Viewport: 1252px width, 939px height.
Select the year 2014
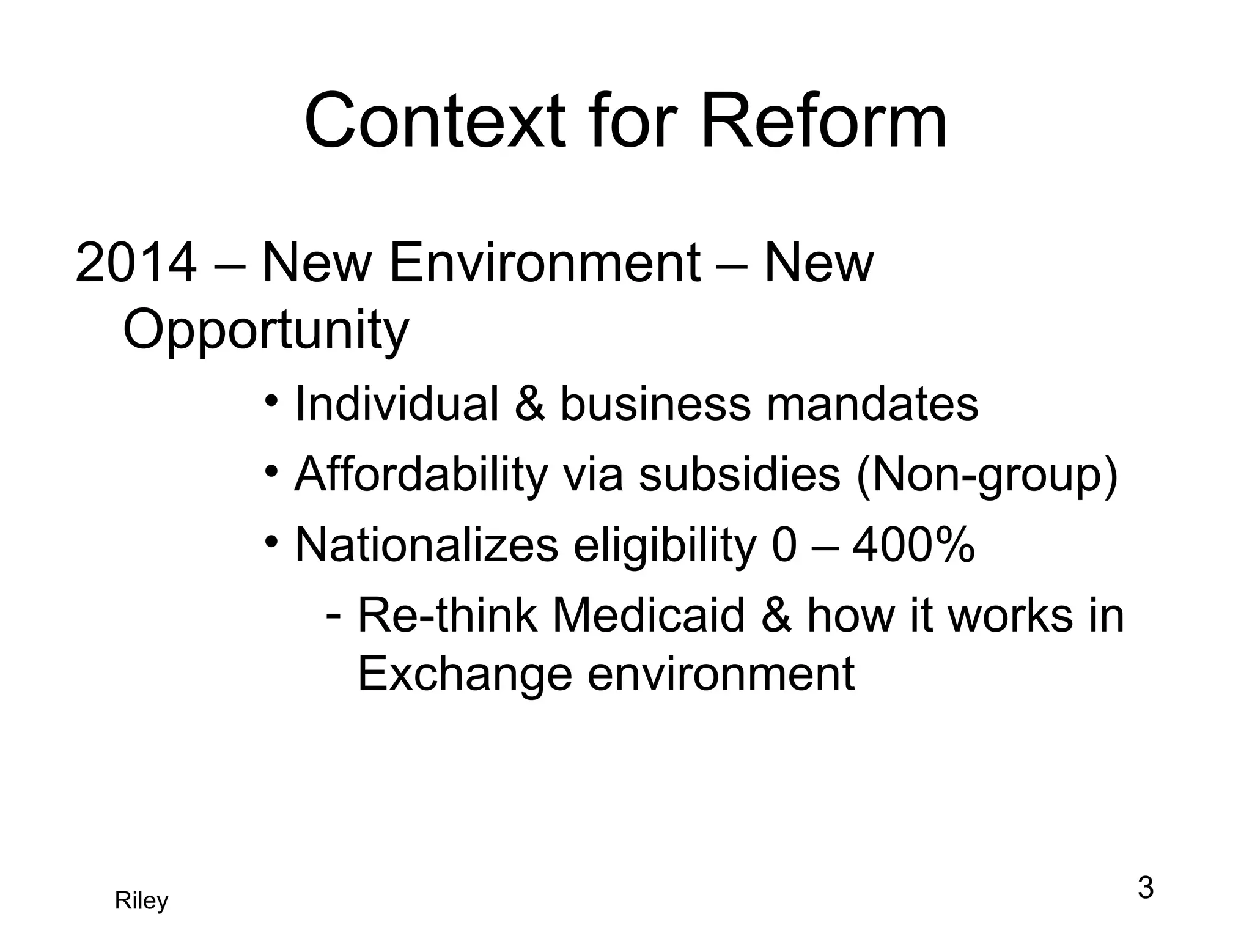coord(136,263)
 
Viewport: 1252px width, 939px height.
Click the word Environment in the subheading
coord(545,263)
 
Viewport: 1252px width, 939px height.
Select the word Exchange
coord(464,674)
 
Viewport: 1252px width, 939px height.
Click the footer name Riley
coord(141,901)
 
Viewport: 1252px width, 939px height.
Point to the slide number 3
coord(1145,888)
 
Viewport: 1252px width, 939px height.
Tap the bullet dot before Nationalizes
coord(272,542)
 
